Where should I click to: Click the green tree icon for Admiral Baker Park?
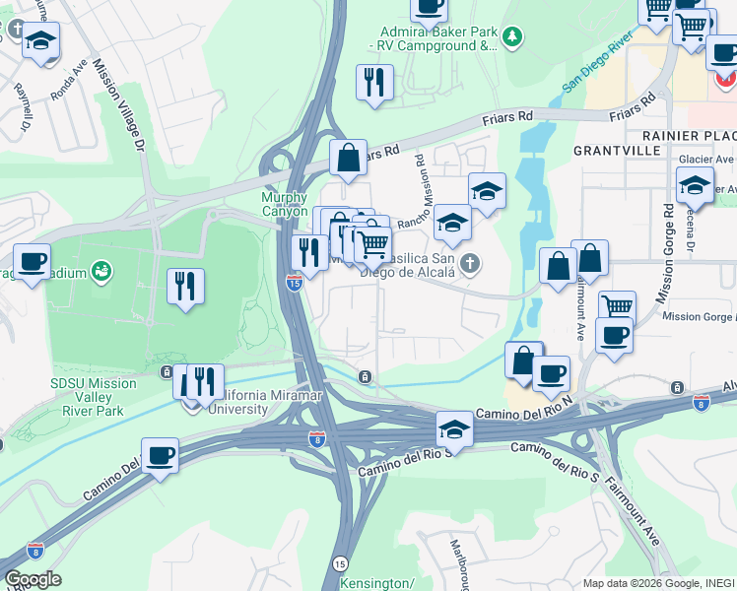point(511,37)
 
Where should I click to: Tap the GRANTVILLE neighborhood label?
point(618,151)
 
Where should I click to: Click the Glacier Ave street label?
point(705,159)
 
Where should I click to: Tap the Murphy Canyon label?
point(285,204)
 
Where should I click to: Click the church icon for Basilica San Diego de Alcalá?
point(471,263)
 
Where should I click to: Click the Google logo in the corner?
point(33,579)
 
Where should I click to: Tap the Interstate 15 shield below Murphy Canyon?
point(294,283)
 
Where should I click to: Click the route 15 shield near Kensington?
point(340,563)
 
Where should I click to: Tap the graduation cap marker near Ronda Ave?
point(41,40)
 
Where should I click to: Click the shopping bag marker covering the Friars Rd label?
point(348,157)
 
